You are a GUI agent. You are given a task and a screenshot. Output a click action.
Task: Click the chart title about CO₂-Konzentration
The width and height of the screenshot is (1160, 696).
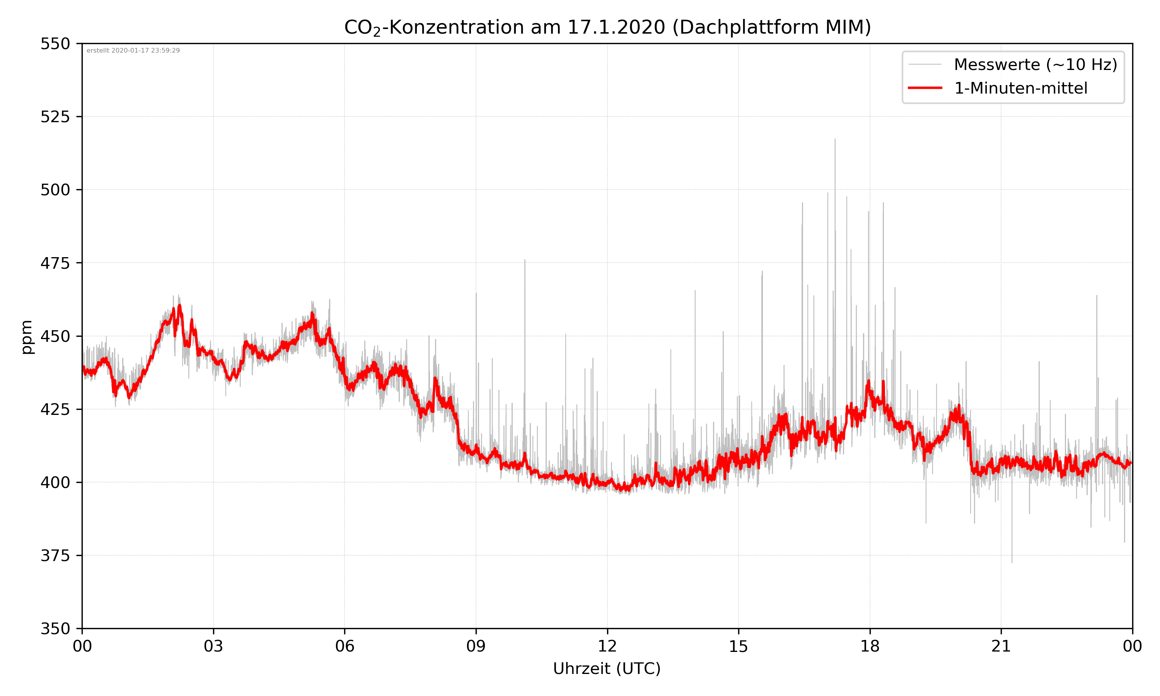(607, 27)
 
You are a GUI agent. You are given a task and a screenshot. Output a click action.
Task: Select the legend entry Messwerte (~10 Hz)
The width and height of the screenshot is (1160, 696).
(1035, 65)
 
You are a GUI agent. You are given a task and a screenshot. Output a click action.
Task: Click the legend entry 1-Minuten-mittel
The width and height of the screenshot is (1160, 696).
(1020, 88)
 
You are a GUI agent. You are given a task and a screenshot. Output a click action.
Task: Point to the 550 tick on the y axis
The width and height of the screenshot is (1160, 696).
(55, 44)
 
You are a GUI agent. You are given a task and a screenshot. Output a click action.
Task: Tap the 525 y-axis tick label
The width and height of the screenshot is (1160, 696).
(55, 117)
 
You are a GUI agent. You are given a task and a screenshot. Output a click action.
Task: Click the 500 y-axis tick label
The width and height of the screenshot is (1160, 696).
(55, 190)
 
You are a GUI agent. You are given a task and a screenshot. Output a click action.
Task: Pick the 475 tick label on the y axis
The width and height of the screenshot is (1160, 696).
(55, 263)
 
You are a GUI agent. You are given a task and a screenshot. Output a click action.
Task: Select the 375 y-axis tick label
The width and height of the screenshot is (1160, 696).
(55, 556)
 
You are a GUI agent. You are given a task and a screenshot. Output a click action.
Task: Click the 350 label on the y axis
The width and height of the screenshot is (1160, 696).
(55, 628)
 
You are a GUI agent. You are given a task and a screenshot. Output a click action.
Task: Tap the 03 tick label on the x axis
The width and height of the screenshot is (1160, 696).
(213, 646)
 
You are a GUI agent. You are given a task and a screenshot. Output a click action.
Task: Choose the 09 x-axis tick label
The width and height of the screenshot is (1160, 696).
(476, 646)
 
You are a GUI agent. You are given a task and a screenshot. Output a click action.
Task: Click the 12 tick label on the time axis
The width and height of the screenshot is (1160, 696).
(607, 646)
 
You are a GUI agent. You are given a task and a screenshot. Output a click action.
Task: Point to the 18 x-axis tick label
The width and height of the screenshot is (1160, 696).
(870, 646)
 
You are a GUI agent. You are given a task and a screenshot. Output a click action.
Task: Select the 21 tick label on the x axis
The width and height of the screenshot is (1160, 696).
(1001, 646)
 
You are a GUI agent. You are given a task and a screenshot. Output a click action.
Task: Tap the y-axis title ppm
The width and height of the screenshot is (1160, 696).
(27, 337)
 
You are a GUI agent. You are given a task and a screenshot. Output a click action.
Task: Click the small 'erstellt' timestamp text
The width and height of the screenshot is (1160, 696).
(133, 51)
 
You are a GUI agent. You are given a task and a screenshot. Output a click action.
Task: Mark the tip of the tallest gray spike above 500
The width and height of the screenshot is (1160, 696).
(834, 139)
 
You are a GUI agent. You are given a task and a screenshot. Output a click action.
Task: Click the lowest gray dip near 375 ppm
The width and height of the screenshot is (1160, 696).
(1012, 562)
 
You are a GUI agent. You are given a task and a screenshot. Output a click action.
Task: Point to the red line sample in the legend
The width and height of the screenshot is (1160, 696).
(925, 88)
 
